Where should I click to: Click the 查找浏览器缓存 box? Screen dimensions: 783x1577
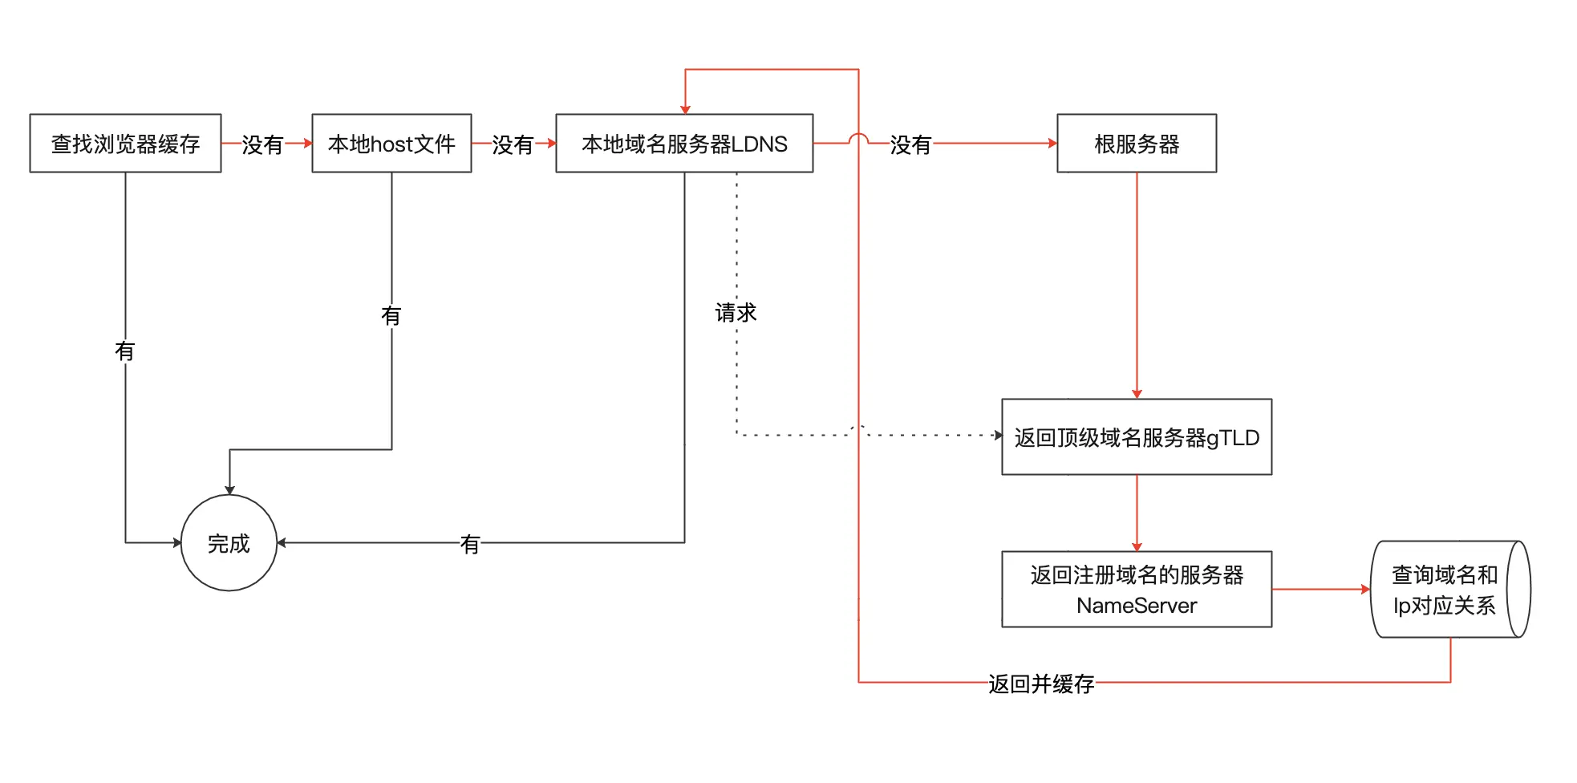[125, 144]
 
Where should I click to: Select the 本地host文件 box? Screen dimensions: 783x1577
[391, 144]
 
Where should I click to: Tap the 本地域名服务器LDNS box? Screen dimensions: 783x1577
[684, 144]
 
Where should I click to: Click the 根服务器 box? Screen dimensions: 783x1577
[1137, 144]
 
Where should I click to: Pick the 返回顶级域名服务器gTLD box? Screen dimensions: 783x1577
[1137, 437]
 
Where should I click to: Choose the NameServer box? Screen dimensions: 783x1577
[1137, 590]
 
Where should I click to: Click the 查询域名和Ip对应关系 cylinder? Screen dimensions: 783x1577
[1444, 590]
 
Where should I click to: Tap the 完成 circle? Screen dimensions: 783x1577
[229, 543]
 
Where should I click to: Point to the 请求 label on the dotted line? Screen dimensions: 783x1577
[736, 313]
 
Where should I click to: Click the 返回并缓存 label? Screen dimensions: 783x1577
[1041, 684]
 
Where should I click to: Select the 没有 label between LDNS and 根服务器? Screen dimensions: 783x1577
[910, 144]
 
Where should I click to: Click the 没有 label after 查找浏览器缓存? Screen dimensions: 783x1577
[262, 144]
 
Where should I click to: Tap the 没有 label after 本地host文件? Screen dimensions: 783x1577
[513, 144]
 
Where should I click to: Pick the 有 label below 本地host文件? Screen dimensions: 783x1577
[391, 316]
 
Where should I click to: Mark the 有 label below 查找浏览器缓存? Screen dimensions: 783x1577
[125, 351]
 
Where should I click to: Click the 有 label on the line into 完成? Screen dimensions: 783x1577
[470, 545]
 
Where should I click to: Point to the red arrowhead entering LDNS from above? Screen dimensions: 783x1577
[685, 109]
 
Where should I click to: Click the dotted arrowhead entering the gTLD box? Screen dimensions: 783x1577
[998, 436]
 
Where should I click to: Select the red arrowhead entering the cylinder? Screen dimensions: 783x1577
[1366, 590]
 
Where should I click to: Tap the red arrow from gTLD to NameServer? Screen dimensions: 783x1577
[1137, 513]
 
